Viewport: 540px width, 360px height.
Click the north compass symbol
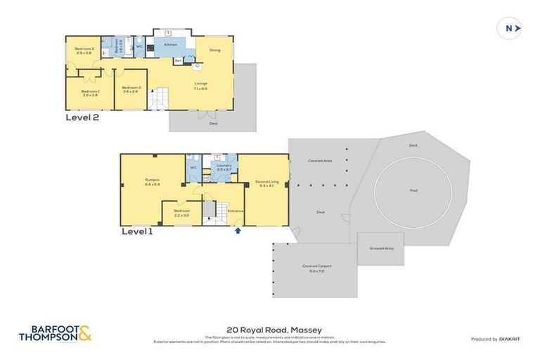(510, 28)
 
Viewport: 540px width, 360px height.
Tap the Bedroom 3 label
(84, 51)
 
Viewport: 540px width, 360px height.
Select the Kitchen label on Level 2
(171, 45)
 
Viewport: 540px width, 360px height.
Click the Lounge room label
(200, 84)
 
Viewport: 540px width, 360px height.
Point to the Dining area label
(214, 50)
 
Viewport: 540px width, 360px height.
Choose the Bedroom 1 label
(89, 92)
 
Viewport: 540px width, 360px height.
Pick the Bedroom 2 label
(131, 89)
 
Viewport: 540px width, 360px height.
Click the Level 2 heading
(82, 118)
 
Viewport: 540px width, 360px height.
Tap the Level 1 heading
(138, 231)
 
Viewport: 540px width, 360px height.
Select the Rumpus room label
(152, 181)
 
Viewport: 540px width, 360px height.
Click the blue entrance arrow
(238, 229)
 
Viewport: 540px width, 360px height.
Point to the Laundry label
(224, 167)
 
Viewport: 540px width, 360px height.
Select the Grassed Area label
(380, 248)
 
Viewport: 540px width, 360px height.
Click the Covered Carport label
(316, 267)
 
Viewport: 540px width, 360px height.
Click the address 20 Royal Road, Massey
(270, 328)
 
